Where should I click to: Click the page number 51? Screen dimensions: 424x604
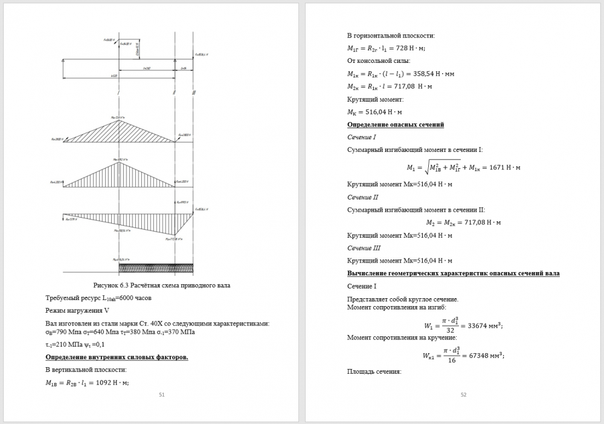pyautogui.click(x=162, y=394)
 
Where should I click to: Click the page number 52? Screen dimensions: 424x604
pyautogui.click(x=464, y=394)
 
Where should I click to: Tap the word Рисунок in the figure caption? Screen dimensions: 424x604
pyautogui.click(x=108, y=285)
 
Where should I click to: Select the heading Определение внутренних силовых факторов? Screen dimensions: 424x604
pyautogui.click(x=117, y=357)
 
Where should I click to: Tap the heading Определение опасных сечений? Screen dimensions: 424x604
pyautogui.click(x=396, y=125)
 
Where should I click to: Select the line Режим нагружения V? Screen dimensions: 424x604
pyautogui.click(x=77, y=310)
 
